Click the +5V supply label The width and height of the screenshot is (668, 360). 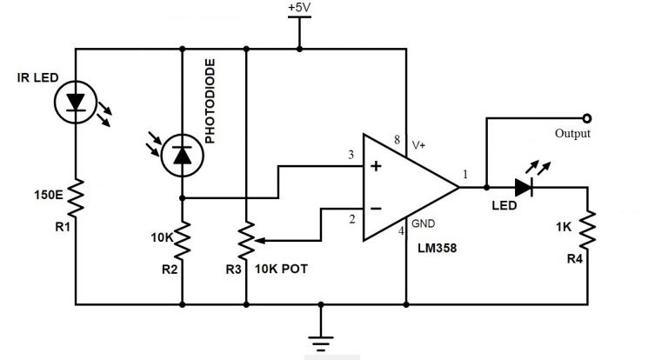pos(299,8)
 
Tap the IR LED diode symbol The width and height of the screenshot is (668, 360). pos(76,103)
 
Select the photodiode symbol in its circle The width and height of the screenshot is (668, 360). pos(183,156)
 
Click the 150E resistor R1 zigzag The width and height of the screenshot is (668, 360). pos(76,197)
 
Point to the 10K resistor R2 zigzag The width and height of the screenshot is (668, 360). pos(183,240)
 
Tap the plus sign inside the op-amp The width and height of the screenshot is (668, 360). pos(376,166)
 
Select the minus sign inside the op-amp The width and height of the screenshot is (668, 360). pos(376,209)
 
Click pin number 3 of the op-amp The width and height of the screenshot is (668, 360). pos(351,155)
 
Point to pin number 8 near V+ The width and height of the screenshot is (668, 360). pos(397,139)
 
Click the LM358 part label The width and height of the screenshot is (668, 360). pos(438,248)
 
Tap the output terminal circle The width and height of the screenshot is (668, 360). pos(587,118)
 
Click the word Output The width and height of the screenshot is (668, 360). pos(572,133)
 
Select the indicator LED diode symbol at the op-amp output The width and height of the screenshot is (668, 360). pos(524,188)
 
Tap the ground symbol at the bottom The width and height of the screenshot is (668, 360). pos(321,342)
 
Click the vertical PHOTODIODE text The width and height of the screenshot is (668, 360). pos(210,101)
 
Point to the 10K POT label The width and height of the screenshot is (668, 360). pos(281,269)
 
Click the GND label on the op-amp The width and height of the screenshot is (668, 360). pos(423,223)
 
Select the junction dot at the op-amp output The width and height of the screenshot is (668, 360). pos(486,188)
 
